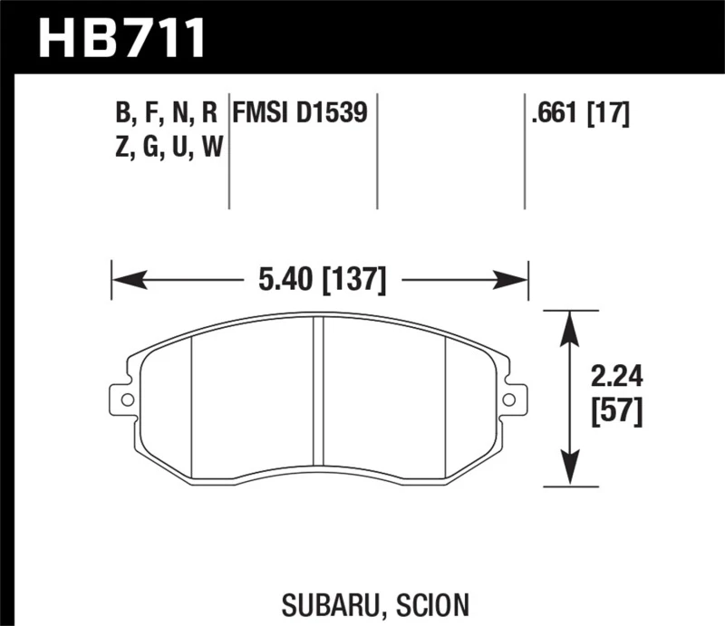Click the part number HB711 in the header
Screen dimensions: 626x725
122,39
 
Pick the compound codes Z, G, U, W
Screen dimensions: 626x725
169,146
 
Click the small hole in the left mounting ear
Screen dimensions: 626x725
127,400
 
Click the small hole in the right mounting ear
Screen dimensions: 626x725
509,400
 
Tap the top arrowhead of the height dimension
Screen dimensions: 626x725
569,319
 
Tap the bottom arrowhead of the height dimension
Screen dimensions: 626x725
569,479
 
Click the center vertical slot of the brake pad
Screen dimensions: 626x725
318,399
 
